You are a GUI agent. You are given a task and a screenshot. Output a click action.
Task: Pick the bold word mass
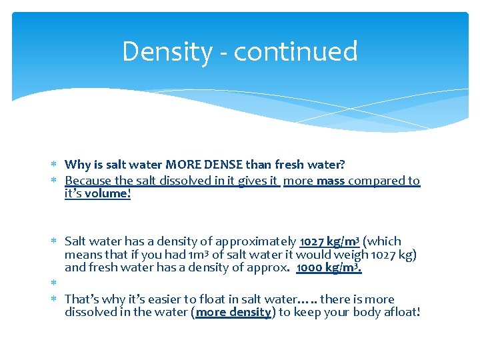pos(331,181)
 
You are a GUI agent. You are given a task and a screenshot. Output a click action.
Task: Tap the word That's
pos(84,299)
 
